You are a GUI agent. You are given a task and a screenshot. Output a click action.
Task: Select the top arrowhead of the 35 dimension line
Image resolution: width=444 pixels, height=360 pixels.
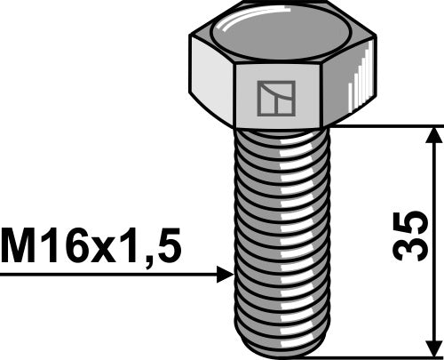tap(433, 136)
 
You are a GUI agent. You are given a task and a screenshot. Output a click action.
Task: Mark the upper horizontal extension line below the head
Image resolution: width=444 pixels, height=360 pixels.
tap(382, 125)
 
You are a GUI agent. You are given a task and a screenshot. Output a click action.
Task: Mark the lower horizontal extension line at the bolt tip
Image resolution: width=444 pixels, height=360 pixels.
tap(382, 353)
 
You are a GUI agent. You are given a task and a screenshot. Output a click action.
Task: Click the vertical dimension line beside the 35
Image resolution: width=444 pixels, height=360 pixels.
tap(433, 178)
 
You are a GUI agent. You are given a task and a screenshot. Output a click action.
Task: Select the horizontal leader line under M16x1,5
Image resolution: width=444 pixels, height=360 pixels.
tap(107, 276)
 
